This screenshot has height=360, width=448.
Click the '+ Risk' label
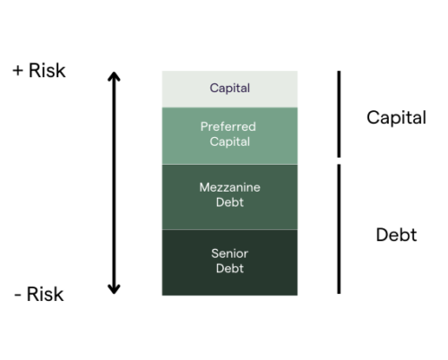coord(39,71)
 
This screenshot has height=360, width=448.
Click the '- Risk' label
coord(39,295)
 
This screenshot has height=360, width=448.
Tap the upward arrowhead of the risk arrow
coord(114,76)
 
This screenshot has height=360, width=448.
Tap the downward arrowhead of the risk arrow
coord(114,289)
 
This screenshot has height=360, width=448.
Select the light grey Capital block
coord(229,89)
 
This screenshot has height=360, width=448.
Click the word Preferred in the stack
coord(228,127)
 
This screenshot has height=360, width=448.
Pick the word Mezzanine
coord(229,187)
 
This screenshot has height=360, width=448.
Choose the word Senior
coord(229,253)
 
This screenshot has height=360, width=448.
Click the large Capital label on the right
coord(396,117)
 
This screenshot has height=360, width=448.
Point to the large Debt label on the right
coord(396,235)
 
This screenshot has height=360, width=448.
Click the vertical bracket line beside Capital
coord(339,114)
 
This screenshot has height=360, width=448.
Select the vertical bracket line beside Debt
coord(339,229)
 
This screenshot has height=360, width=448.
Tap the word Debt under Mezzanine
coord(229,202)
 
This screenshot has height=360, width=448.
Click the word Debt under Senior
coord(229,269)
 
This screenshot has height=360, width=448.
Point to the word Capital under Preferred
coord(229,141)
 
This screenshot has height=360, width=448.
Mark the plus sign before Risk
coord(18,71)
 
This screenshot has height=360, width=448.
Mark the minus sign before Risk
coord(18,296)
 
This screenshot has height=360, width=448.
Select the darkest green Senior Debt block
coord(229,262)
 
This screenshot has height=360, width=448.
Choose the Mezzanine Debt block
coord(229,197)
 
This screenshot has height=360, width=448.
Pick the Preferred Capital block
coord(229,136)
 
